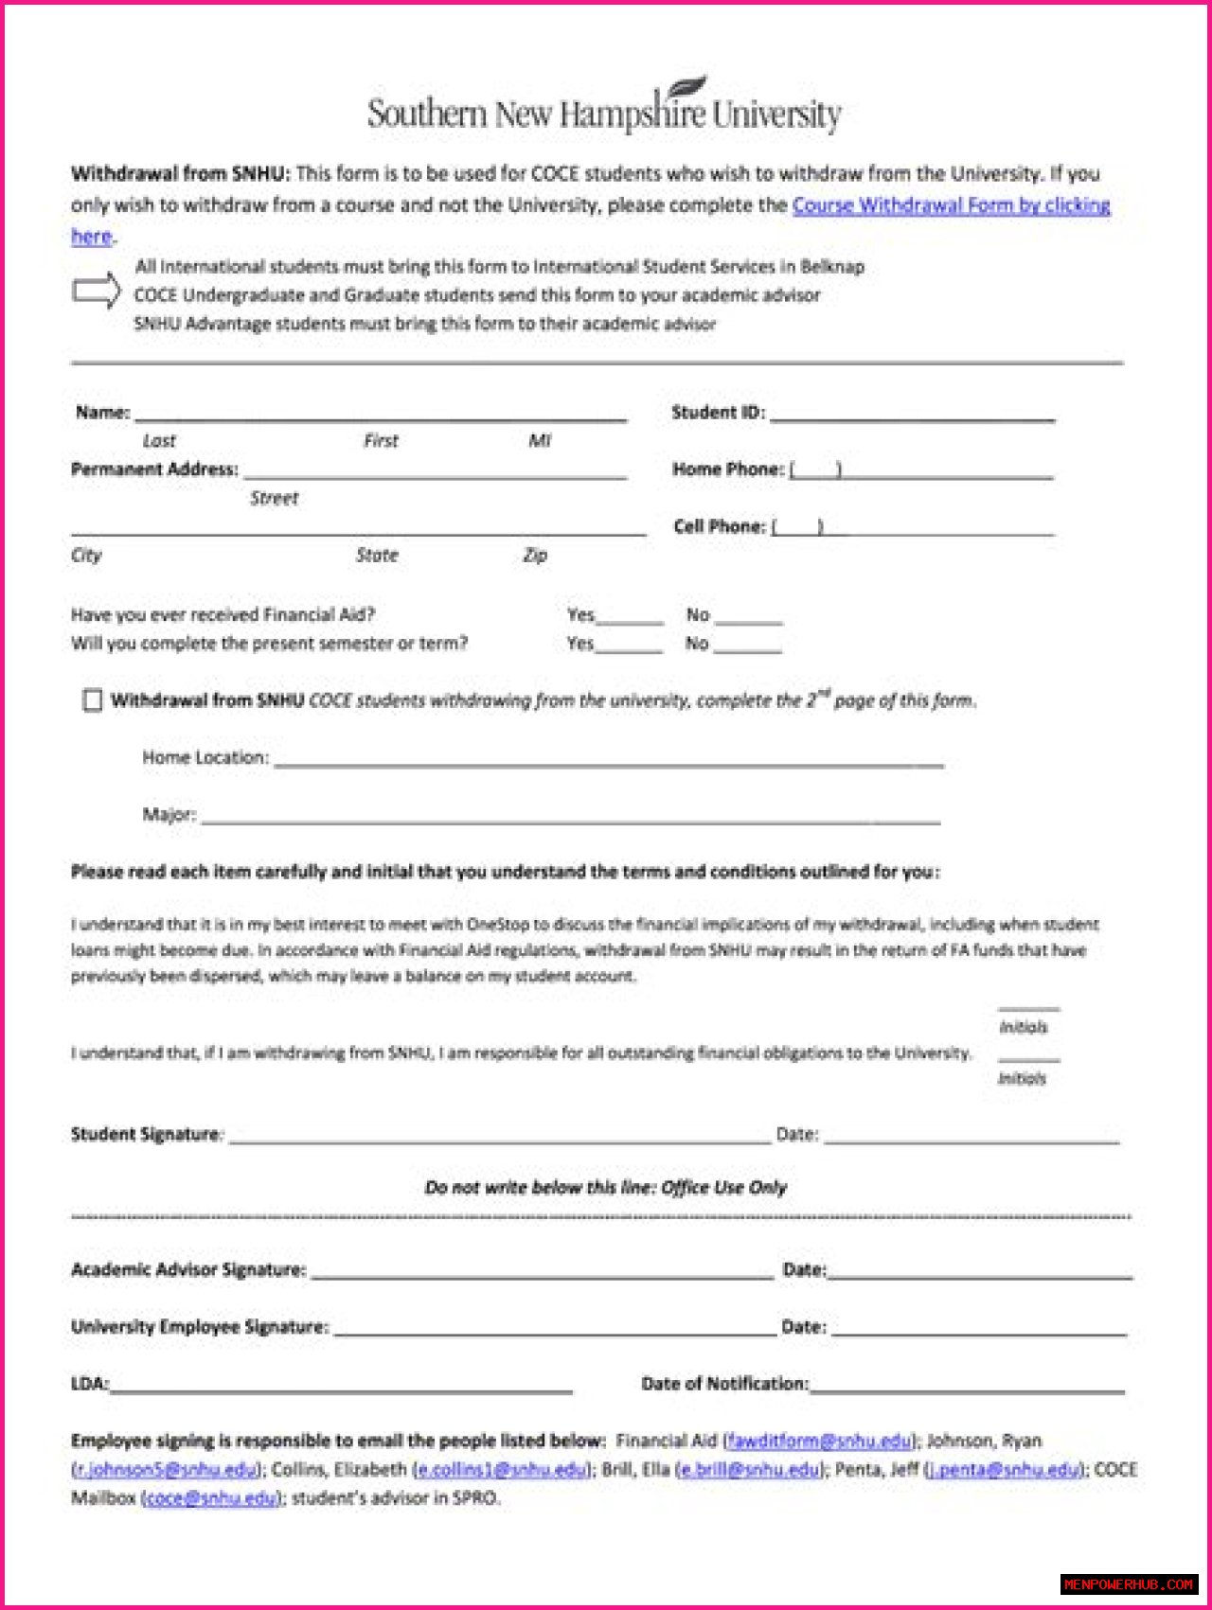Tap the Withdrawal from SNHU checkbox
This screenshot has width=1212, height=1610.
click(92, 700)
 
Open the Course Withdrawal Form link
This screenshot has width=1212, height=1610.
click(951, 205)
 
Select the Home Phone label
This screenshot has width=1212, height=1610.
click(727, 469)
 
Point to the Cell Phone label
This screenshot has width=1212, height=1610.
click(719, 526)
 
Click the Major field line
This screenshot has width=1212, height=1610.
click(570, 819)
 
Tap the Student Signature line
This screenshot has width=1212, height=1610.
click(500, 1139)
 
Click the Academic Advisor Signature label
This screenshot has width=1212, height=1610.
click(188, 1270)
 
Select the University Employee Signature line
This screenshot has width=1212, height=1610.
click(555, 1331)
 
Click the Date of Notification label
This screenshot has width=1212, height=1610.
click(724, 1384)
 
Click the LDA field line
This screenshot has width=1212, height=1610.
click(341, 1389)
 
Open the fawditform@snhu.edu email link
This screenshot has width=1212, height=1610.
click(819, 1441)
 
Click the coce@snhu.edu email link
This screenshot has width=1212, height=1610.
click(212, 1498)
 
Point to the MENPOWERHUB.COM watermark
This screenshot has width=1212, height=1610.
click(1128, 1584)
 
